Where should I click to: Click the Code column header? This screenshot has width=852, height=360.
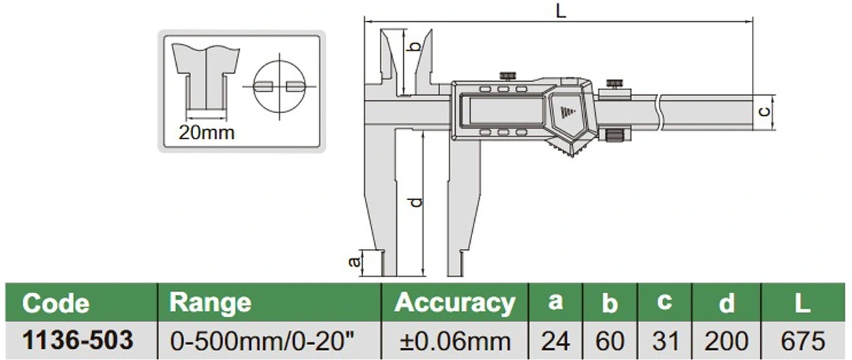[56, 303]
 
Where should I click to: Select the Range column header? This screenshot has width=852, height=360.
[210, 302]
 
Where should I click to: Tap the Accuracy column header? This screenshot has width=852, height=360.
[455, 302]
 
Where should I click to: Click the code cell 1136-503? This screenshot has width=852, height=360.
[78, 340]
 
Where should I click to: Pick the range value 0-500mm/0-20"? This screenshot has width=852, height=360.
[261, 341]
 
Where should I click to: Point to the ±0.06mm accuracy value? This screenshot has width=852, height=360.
[455, 341]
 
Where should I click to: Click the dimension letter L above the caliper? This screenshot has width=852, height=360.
[561, 11]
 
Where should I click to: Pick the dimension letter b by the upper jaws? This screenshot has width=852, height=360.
[417, 48]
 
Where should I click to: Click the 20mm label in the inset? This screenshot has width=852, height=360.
[205, 132]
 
